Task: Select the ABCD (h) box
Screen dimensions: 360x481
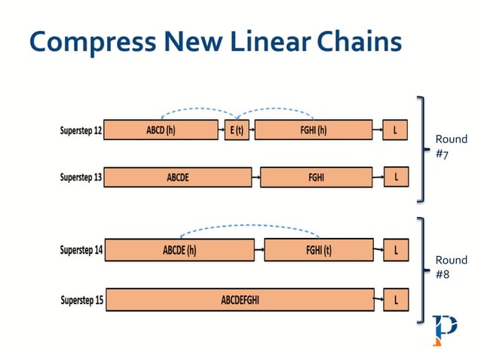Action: click(x=161, y=130)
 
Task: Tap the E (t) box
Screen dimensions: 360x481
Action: click(x=236, y=130)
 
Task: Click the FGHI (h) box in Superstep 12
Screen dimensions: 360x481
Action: click(x=313, y=130)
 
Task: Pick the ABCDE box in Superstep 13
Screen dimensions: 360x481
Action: click(x=177, y=178)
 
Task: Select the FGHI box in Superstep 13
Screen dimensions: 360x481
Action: click(x=316, y=178)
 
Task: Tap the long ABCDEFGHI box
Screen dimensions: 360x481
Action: click(x=239, y=300)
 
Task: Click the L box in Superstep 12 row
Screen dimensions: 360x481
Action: click(x=396, y=130)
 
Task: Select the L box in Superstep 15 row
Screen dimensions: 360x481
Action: click(x=396, y=300)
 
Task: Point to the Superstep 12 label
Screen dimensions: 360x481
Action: click(x=81, y=130)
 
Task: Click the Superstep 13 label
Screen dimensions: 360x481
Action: click(x=81, y=178)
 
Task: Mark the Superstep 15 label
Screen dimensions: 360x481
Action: click(x=81, y=301)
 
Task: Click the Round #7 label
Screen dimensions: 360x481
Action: click(x=451, y=146)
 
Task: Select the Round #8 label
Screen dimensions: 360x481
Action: click(x=451, y=267)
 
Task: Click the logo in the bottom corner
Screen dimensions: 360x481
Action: click(x=444, y=329)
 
